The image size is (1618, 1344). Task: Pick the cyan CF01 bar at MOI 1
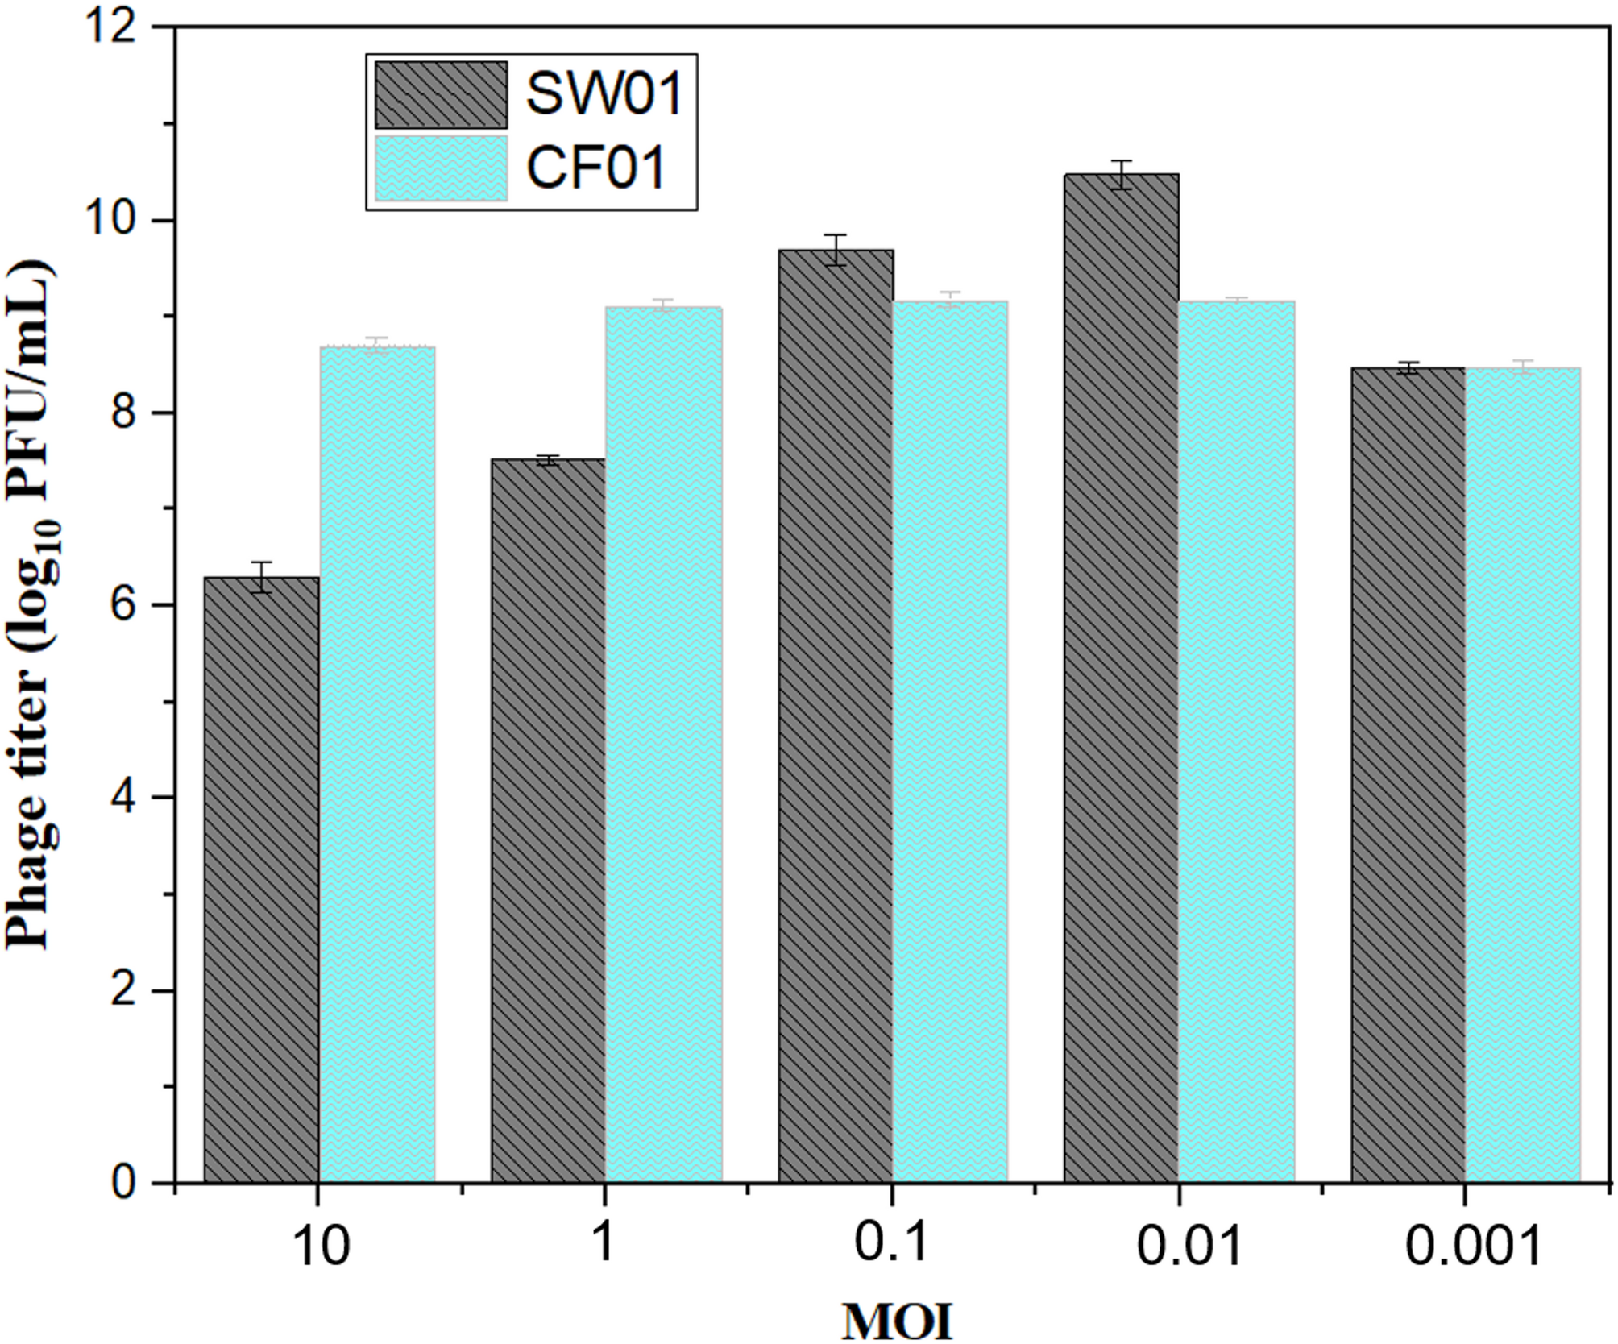(663, 745)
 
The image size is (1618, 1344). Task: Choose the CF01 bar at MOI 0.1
(950, 741)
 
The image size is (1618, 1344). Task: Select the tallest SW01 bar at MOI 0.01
(1121, 677)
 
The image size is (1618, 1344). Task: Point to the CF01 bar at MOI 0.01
(1236, 741)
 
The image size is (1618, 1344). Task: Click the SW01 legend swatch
(441, 95)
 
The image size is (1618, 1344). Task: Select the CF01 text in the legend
(596, 168)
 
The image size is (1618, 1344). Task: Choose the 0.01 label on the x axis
(1189, 1246)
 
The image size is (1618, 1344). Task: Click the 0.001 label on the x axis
(1473, 1246)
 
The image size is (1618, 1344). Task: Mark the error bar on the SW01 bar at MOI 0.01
(1121, 174)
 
